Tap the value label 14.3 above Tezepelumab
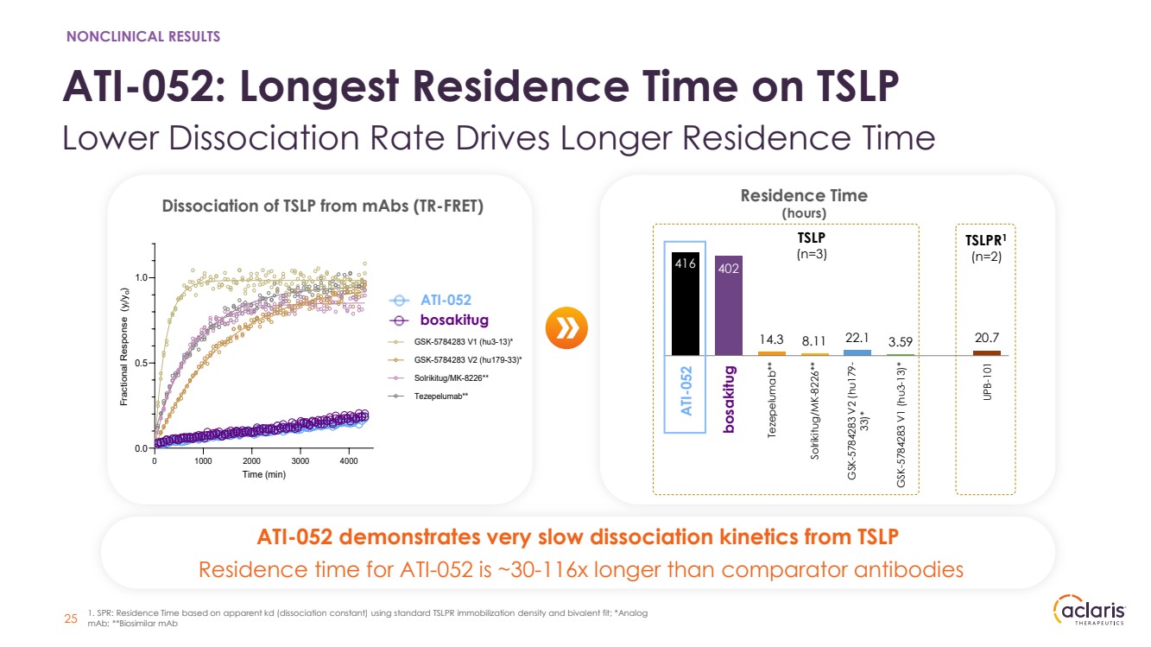(772, 341)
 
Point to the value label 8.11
(814, 341)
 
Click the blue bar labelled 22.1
(857, 352)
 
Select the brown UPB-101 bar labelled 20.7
(986, 352)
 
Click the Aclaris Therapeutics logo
(1090, 611)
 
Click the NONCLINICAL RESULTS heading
(143, 36)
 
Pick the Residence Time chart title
(803, 196)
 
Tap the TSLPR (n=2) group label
(983, 249)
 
